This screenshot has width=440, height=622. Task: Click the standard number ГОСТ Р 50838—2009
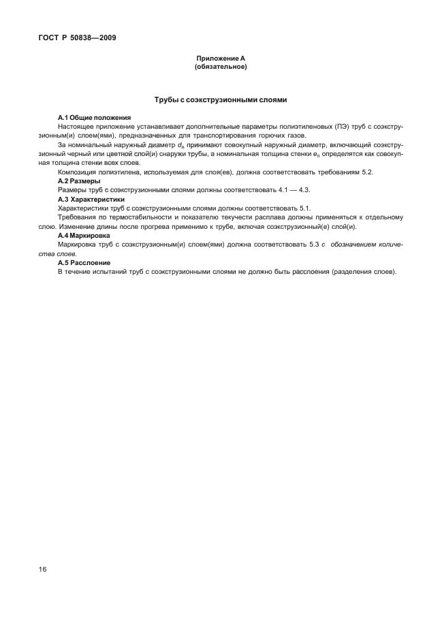[x=76, y=38]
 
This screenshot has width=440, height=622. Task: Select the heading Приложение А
[x=220, y=59]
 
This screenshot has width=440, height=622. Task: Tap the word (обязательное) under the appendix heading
[x=220, y=67]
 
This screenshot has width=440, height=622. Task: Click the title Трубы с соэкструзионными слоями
[x=220, y=99]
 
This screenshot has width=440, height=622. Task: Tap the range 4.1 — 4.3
[x=294, y=189]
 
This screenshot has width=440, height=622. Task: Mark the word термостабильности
[x=125, y=217]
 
